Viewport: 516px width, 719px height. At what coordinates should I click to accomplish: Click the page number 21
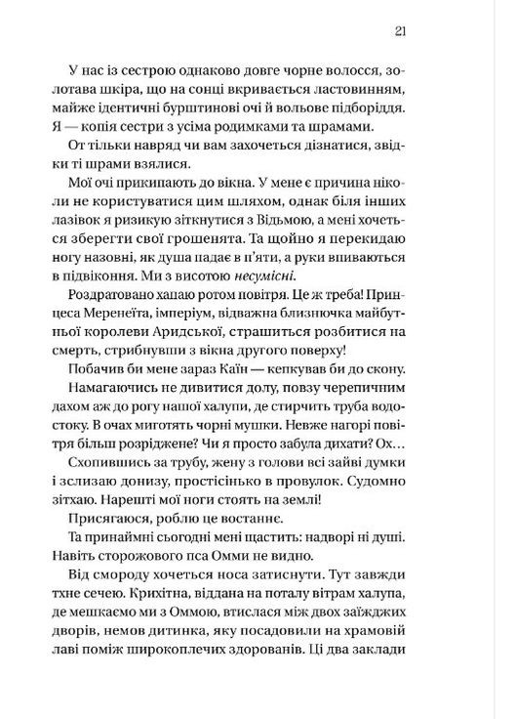(400, 30)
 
